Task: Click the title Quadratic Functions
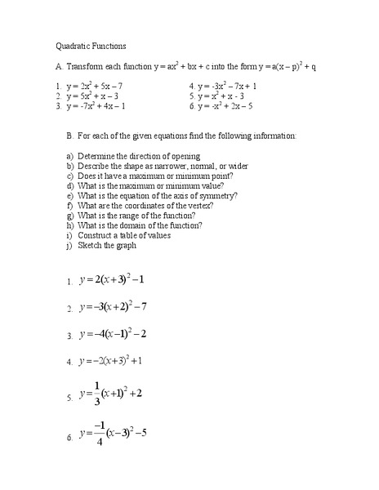(x=91, y=47)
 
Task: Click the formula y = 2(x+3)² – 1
(x=112, y=279)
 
